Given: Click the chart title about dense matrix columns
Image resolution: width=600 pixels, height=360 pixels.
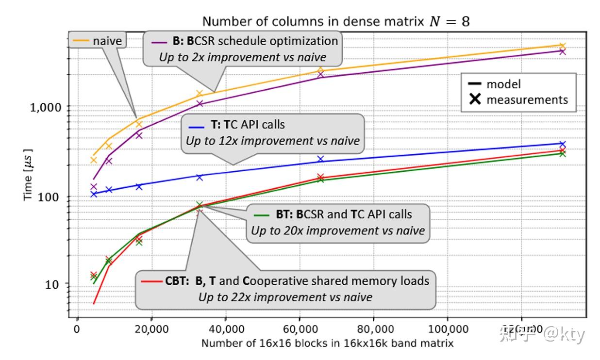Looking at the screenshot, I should point(336,21).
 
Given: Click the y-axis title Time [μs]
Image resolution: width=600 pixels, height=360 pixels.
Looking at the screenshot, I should point(28,175).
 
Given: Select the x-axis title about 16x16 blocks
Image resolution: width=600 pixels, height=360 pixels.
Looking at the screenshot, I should point(328,344).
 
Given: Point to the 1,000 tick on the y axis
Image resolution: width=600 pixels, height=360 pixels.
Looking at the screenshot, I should point(46,107).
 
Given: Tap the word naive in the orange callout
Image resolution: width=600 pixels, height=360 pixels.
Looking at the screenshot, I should point(107,41).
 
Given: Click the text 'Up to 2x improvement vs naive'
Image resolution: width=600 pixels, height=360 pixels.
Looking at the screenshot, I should point(243,57).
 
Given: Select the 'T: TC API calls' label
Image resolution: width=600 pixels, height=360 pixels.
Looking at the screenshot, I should point(248,125).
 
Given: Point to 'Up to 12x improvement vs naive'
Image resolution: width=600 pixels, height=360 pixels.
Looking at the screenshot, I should point(273,141).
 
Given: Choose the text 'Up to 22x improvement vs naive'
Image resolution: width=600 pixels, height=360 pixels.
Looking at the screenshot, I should point(285,297).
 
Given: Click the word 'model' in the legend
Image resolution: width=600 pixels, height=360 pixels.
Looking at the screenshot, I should point(503,84).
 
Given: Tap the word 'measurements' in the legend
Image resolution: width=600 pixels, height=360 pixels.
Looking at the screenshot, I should point(527,100).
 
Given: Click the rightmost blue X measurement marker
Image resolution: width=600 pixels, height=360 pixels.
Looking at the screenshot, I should point(563,145).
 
